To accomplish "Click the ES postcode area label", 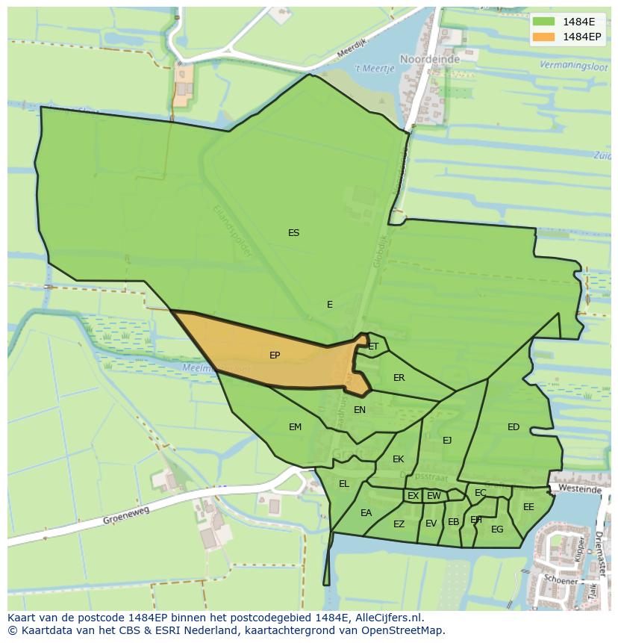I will click(293, 233).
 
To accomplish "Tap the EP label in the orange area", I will click(275, 355).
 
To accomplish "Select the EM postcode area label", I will click(295, 427).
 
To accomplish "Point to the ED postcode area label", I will click(514, 427).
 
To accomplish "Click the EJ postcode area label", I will click(447, 440).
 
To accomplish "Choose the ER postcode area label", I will click(399, 378).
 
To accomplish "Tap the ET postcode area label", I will click(373, 347).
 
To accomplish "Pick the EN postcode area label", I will click(360, 409).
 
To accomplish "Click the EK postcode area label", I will click(398, 459).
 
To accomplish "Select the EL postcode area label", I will click(343, 484).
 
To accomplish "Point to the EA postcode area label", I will click(366, 513).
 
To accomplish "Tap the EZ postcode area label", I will click(399, 524).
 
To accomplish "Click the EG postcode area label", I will click(497, 529).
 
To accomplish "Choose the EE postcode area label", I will click(528, 507).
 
